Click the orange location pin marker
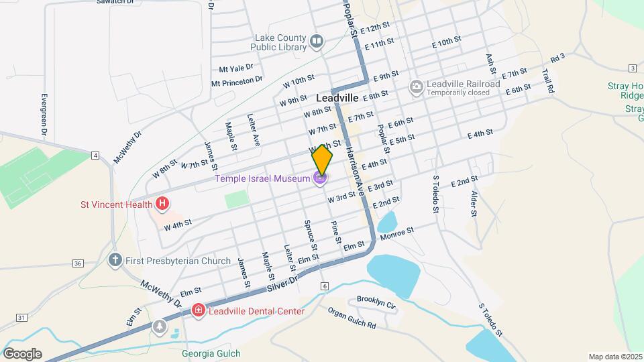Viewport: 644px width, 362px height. pyautogui.click(x=322, y=160)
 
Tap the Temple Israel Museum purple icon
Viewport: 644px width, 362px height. pyautogui.click(x=321, y=178)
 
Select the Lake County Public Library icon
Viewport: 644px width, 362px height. pyautogui.click(x=317, y=42)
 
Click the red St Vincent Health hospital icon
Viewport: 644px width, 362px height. pyautogui.click(x=161, y=203)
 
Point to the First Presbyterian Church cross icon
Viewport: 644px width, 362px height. pyautogui.click(x=115, y=259)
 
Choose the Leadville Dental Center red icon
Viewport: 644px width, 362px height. pyautogui.click(x=198, y=310)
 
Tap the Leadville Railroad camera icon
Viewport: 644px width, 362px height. pyautogui.click(x=416, y=86)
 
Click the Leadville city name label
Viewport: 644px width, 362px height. pyautogui.click(x=337, y=98)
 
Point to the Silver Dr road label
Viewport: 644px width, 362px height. pyautogui.click(x=282, y=282)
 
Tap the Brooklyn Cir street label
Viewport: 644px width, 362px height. pyautogui.click(x=376, y=302)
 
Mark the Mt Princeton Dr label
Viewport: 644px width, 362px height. pyautogui.click(x=237, y=82)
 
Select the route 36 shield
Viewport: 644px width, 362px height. pyautogui.click(x=78, y=263)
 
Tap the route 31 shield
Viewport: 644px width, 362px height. pyautogui.click(x=22, y=317)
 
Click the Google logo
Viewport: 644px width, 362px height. pyautogui.click(x=22, y=353)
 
